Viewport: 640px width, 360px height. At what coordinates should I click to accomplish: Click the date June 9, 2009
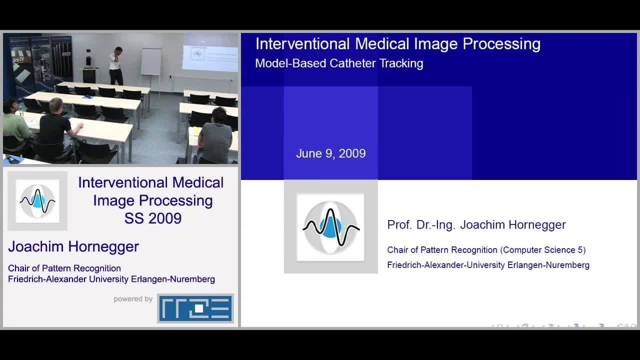click(331, 153)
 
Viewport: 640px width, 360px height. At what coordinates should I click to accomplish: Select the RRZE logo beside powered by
click(195, 308)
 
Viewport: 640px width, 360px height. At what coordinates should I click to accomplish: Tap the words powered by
click(133, 299)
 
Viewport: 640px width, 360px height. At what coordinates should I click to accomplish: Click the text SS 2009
click(153, 218)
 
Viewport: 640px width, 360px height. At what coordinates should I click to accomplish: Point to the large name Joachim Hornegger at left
click(73, 246)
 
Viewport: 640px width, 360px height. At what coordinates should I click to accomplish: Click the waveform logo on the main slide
click(331, 227)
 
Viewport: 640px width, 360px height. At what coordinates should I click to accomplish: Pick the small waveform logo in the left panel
click(37, 201)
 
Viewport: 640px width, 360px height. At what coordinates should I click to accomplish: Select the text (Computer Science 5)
click(543, 250)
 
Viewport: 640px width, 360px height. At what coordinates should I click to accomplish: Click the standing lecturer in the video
click(116, 65)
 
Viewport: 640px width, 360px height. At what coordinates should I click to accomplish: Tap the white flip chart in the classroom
click(151, 61)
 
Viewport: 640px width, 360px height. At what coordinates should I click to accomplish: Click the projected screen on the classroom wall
click(210, 52)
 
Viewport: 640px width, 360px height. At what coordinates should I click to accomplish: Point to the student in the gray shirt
click(216, 135)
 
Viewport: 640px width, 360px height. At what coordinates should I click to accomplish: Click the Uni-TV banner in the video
click(20, 65)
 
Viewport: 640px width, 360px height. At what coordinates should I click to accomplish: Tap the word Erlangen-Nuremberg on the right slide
click(548, 265)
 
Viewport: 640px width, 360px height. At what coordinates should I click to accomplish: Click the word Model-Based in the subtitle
click(290, 63)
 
